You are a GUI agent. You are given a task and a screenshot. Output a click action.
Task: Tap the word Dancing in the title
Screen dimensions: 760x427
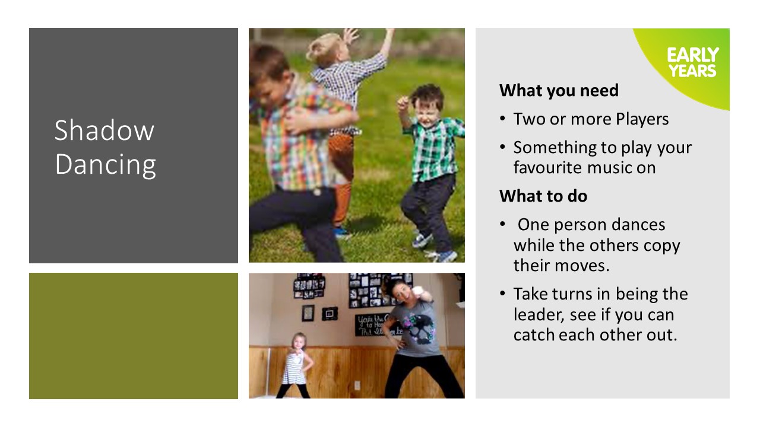(105, 164)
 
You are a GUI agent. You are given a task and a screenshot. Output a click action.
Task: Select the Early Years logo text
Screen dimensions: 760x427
(693, 62)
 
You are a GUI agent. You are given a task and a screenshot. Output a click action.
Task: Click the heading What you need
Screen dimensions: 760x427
(559, 91)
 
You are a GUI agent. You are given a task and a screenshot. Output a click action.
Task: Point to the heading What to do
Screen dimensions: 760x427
(543, 196)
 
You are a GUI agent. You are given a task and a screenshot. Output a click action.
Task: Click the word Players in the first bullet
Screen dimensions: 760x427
(642, 119)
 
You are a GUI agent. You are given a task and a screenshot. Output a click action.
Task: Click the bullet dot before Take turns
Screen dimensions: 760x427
(502, 294)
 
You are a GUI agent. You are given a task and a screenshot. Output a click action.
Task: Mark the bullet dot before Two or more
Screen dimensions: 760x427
(502, 119)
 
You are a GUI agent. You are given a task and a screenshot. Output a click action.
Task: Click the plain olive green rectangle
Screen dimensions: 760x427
(134, 336)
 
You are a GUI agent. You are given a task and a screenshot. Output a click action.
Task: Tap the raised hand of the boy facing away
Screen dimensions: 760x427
(351, 35)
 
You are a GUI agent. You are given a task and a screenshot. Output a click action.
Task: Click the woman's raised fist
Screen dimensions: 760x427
(418, 292)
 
